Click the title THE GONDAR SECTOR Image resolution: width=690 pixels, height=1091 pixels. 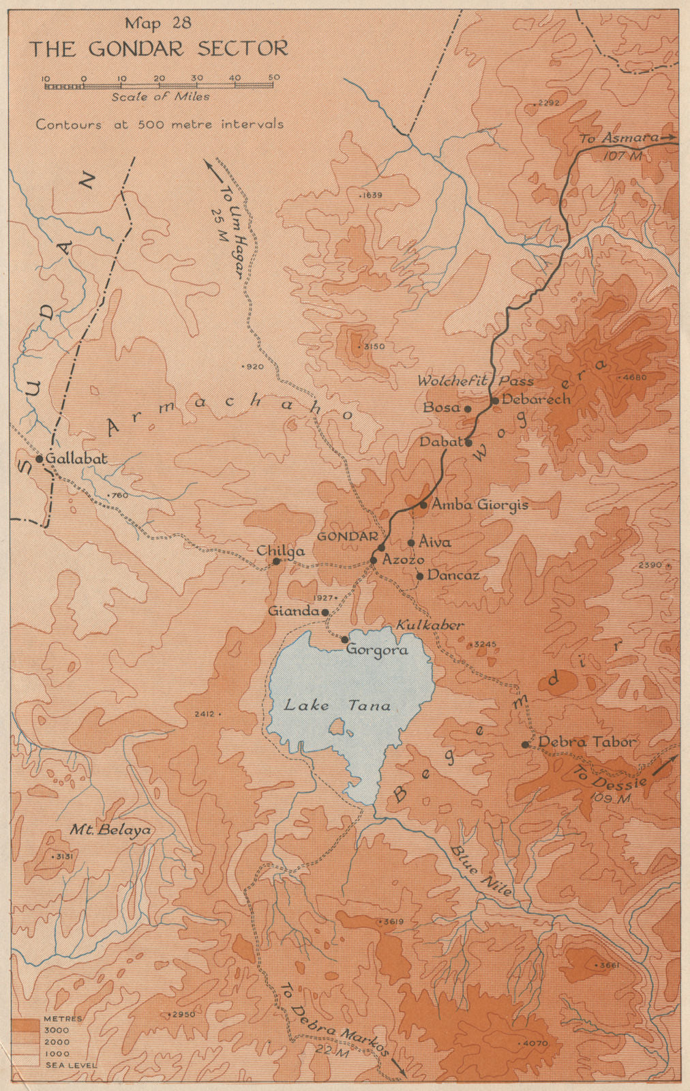point(158,49)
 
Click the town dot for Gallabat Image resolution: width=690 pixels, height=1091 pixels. point(40,459)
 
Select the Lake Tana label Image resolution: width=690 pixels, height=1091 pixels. point(337,705)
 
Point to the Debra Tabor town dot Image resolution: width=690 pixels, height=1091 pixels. point(525,745)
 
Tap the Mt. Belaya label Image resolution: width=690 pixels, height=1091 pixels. point(110,830)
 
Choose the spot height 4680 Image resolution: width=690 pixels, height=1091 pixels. point(631,377)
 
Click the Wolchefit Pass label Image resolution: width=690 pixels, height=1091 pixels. point(475,381)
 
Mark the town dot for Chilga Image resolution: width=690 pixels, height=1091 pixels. point(276,562)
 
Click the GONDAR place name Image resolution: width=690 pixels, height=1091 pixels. point(348,536)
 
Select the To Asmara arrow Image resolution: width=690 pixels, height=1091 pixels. point(672,138)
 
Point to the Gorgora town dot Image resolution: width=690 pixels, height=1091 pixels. point(345,640)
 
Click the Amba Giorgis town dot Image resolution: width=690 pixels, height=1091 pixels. point(423,505)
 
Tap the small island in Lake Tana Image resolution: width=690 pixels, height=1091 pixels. point(336,727)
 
